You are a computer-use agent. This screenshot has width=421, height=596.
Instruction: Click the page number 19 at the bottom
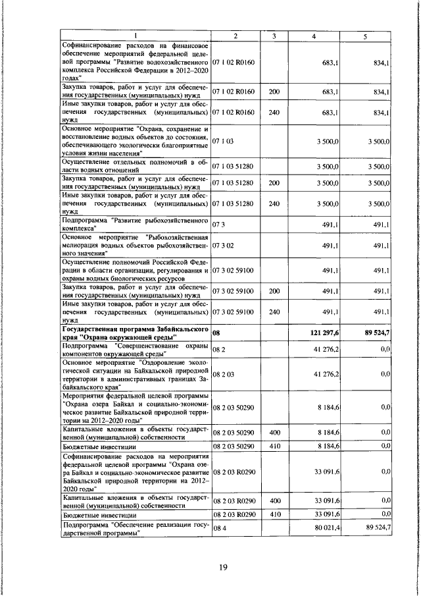[223, 569]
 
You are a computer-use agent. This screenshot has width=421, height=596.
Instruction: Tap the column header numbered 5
[364, 36]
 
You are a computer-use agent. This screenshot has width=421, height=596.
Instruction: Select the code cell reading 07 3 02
[224, 245]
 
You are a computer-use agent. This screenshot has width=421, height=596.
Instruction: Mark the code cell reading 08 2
[218, 348]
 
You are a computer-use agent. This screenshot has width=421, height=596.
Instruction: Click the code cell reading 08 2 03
[224, 373]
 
